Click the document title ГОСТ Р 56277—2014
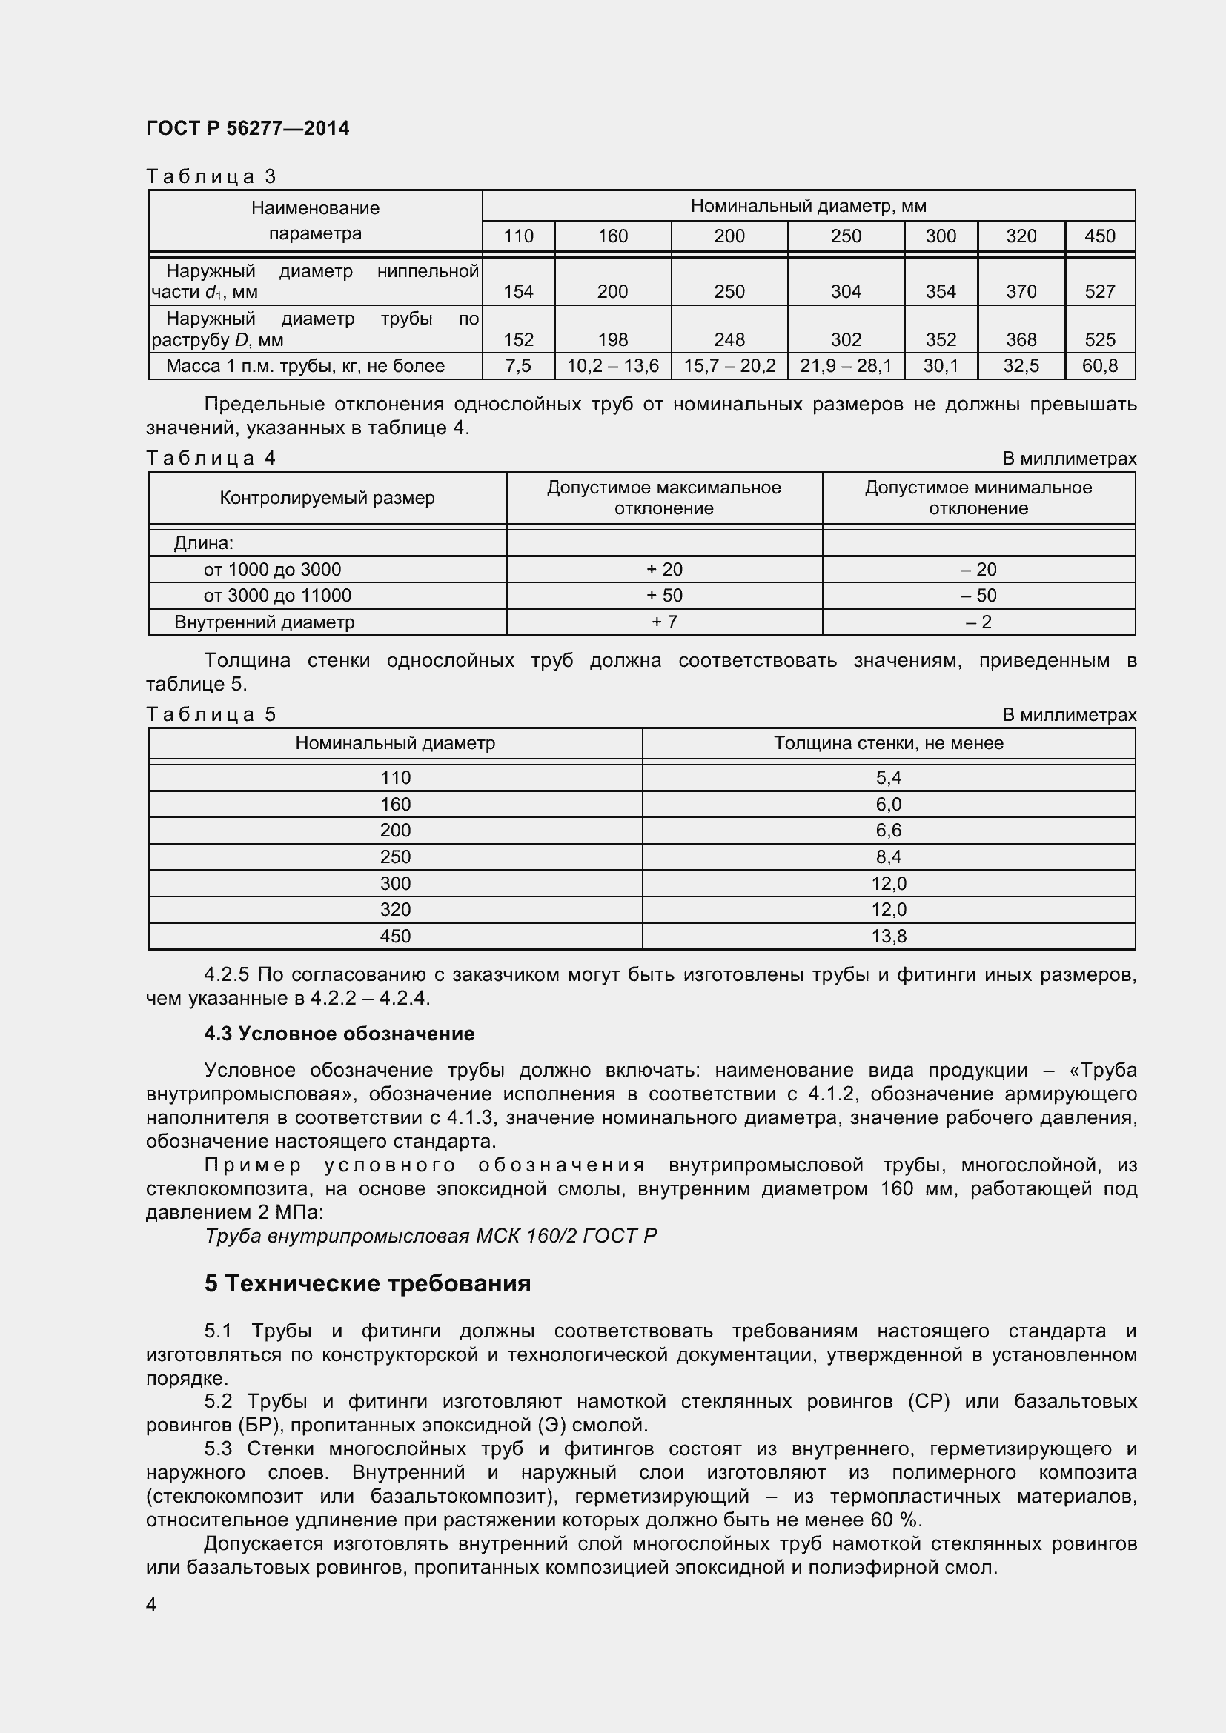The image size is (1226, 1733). click(247, 128)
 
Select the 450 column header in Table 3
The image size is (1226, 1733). click(1099, 236)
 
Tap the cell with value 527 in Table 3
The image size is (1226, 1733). click(1099, 291)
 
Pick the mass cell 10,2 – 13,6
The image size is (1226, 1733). click(612, 366)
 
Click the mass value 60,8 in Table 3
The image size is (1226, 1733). click(1099, 366)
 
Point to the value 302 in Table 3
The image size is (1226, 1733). click(846, 339)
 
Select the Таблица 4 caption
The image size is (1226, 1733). click(211, 458)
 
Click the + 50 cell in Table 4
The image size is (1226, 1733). click(663, 596)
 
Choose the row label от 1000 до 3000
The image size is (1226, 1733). click(272, 569)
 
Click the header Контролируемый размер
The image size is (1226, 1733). click(327, 498)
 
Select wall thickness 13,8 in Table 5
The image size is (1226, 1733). click(888, 936)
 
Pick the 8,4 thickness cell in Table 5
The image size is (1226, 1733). click(888, 856)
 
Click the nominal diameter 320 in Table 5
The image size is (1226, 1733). click(395, 910)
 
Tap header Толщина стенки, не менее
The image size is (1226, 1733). click(888, 742)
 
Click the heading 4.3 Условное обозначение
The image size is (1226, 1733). click(339, 1034)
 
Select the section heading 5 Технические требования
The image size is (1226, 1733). click(368, 1283)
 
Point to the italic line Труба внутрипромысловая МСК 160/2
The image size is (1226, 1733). click(431, 1236)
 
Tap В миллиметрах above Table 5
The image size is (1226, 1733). click(1068, 715)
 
